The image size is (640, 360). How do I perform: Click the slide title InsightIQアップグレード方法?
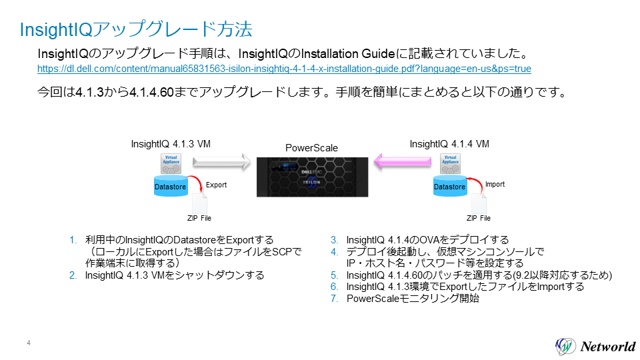click(x=136, y=30)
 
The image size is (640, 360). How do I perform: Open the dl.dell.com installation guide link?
click(x=284, y=69)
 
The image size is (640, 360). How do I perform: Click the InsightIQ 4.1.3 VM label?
click(x=171, y=143)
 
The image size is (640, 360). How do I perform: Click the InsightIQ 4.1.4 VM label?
click(x=449, y=143)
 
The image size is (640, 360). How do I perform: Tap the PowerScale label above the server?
click(x=311, y=148)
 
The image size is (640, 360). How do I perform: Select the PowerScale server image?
click(x=312, y=176)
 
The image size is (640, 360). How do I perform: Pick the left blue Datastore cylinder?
click(x=171, y=185)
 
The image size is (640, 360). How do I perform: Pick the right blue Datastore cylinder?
click(x=449, y=185)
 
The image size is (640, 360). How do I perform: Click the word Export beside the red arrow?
click(x=216, y=185)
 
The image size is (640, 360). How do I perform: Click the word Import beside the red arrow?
click(x=495, y=185)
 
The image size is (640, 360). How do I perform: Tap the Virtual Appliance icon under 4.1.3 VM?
click(x=172, y=163)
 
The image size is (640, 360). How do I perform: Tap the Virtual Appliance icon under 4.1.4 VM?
click(x=451, y=163)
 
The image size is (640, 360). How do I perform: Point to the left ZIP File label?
click(x=199, y=218)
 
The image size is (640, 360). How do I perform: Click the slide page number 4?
click(x=29, y=343)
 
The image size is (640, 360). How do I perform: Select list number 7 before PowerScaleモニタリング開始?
click(x=335, y=299)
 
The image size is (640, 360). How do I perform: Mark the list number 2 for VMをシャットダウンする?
click(x=73, y=275)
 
